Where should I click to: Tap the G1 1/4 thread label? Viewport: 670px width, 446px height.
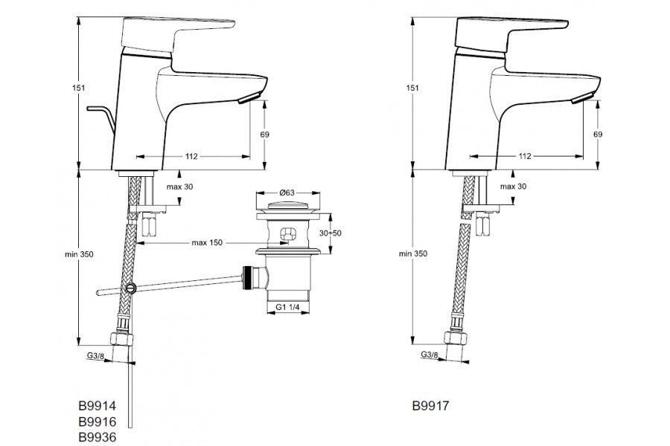coord(287,307)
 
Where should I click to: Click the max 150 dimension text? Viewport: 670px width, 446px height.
coord(209,243)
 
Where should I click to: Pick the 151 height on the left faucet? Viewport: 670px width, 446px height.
coord(68,88)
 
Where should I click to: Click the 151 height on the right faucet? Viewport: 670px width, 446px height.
coord(402,88)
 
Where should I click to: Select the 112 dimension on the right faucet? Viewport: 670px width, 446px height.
coord(525,156)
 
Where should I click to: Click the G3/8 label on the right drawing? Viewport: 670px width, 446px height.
coord(430,355)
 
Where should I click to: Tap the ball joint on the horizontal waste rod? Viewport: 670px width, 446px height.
coord(132,288)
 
